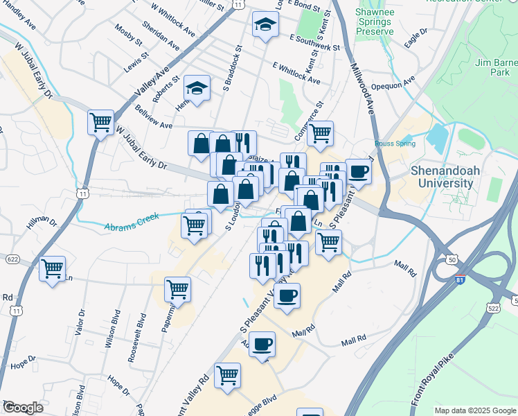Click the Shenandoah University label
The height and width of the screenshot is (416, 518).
pos(452,176)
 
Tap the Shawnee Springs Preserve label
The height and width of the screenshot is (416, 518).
pos(374,21)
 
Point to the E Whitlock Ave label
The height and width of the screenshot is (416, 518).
pos(296,74)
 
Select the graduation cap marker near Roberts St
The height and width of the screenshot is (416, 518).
pos(197,88)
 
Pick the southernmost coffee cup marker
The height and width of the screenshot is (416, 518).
pos(262,344)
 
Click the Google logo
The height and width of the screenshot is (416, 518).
pos(22,408)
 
